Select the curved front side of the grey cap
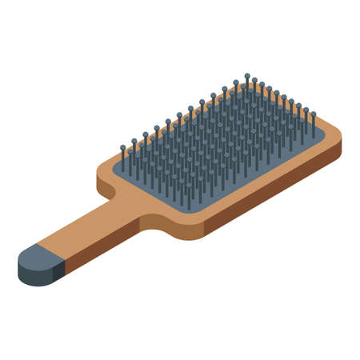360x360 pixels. tap(32, 274)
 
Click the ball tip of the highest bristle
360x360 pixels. tap(247, 76)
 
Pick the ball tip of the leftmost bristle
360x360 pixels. tap(122, 147)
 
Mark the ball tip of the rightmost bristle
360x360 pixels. tap(313, 113)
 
